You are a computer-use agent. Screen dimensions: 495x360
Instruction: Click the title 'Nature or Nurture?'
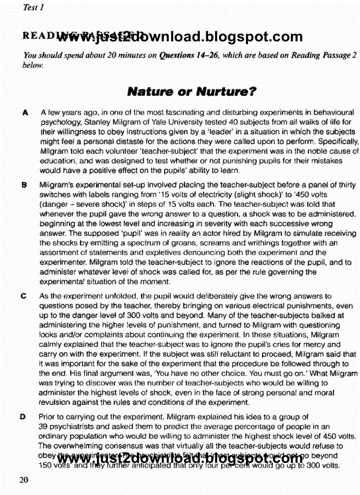coord(191,92)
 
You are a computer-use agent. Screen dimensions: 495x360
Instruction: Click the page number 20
coord(23,480)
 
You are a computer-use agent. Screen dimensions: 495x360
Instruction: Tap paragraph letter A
coord(26,113)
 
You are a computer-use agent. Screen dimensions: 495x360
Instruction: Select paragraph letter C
coord(26,297)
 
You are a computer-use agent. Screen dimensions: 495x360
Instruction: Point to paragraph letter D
coord(26,416)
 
